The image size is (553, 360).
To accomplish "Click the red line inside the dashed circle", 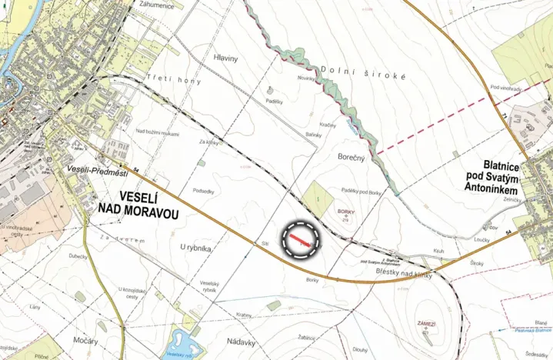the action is tap(300, 239).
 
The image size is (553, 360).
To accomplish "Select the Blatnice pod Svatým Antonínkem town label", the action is tap(515, 178).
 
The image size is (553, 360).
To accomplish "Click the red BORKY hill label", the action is tap(345, 209).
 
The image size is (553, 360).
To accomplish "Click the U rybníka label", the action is tap(195, 248).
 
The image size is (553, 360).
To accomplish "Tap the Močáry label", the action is tap(85, 339).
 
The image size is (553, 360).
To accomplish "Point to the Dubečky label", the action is tap(78, 257).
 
